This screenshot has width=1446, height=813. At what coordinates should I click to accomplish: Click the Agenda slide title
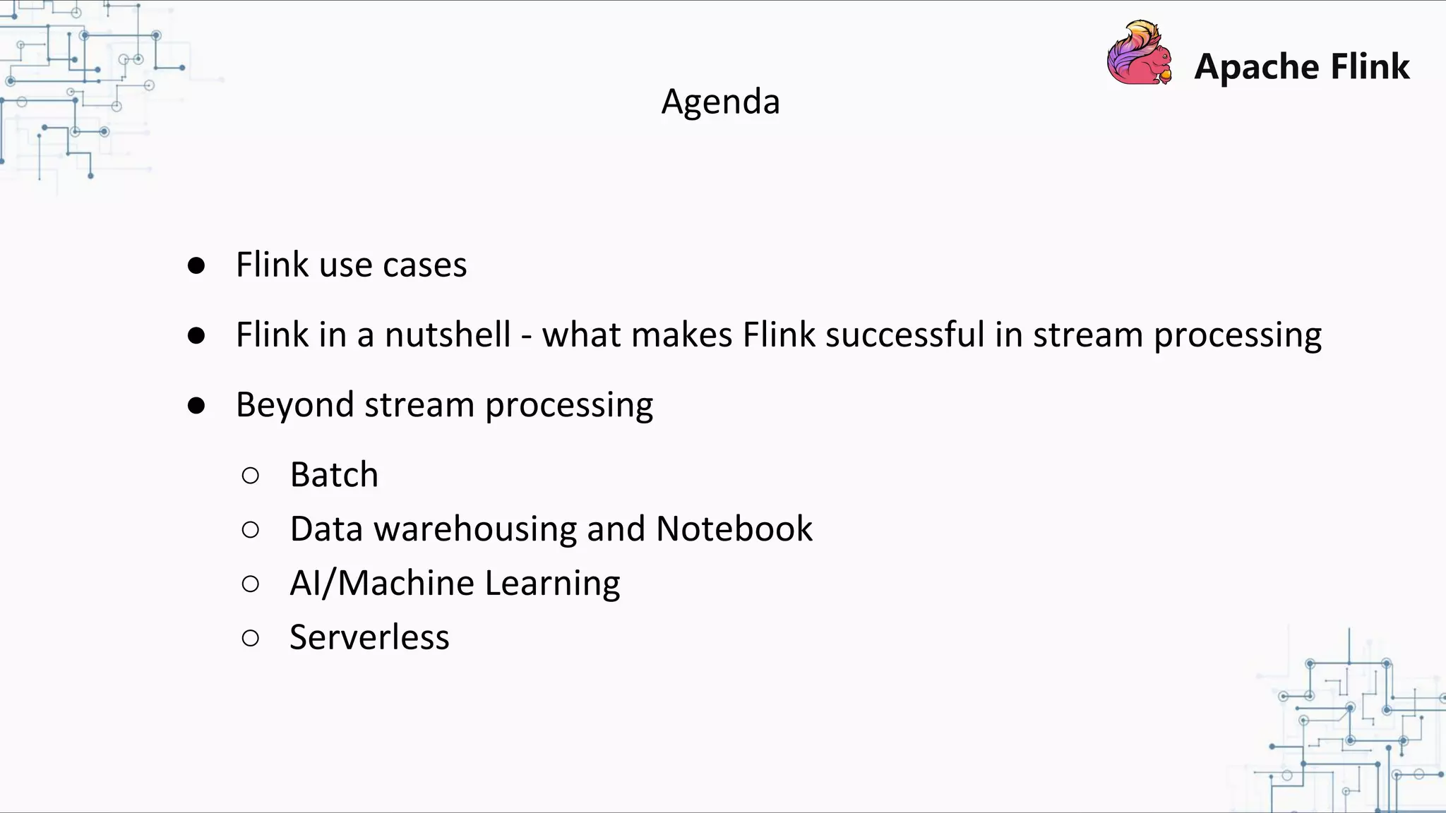[720, 102]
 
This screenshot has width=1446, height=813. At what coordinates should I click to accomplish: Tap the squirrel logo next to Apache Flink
[1139, 54]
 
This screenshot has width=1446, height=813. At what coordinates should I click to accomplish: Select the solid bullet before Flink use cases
[196, 266]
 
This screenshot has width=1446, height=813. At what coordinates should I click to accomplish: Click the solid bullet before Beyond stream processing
[196, 406]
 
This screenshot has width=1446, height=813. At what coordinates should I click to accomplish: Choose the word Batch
[334, 474]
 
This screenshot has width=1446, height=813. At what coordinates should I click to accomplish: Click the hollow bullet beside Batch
[250, 476]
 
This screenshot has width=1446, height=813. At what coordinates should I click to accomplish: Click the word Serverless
[369, 637]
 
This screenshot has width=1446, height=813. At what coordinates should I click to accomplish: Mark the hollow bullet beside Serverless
[250, 639]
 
